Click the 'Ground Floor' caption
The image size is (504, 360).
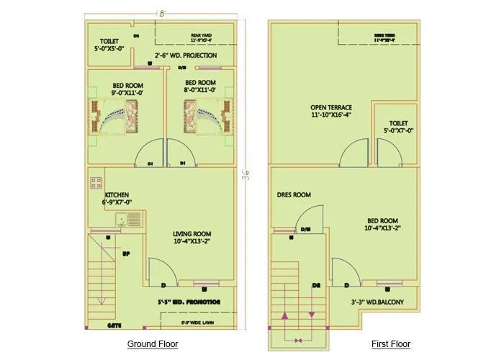click(153, 344)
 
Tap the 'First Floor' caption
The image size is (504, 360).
click(391, 344)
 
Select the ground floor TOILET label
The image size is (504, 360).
click(109, 44)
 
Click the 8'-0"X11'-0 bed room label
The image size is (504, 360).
click(200, 87)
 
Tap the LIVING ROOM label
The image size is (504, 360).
click(192, 238)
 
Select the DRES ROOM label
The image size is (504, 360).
click(293, 195)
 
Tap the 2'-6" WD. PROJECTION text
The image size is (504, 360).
click(186, 55)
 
